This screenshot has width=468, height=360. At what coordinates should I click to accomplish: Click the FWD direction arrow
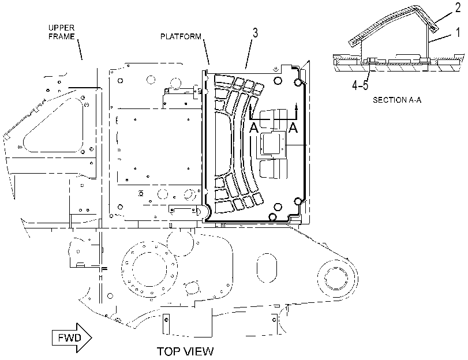tap(72, 338)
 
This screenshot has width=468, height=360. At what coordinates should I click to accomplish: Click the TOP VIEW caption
tap(185, 351)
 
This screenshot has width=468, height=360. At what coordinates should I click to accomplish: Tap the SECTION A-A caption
tap(397, 100)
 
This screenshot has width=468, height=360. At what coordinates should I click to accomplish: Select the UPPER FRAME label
tap(62, 32)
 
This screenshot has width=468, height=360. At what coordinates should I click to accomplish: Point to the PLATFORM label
tap(181, 36)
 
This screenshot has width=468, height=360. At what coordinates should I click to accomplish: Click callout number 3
tap(255, 33)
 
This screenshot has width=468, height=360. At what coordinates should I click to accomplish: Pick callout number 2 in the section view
tap(458, 8)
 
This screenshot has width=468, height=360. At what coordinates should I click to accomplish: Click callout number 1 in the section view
tap(458, 32)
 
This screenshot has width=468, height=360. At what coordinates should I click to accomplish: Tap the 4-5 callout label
tap(360, 85)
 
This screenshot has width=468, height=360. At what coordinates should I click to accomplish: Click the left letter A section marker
tap(254, 127)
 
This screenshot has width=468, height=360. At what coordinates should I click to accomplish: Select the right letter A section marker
tap(294, 127)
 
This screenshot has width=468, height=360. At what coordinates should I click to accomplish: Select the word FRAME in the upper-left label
tap(62, 36)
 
